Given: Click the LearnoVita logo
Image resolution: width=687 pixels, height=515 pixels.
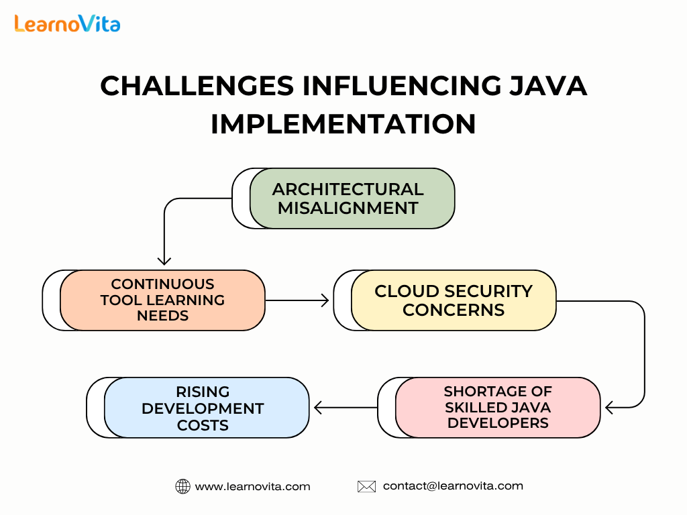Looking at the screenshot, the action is click(x=67, y=23).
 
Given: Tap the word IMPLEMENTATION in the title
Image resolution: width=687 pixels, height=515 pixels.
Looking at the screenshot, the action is click(x=343, y=124).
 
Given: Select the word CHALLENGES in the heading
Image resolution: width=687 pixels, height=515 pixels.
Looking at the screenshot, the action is click(x=197, y=86).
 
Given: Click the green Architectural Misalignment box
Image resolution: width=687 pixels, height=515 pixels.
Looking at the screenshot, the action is click(x=352, y=198).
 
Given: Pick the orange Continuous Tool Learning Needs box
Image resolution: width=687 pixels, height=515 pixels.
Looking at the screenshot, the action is click(x=162, y=300).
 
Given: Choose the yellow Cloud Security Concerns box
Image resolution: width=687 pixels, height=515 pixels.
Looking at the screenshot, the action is click(x=454, y=300).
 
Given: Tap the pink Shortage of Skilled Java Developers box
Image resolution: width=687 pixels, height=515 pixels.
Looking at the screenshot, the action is click(x=498, y=407).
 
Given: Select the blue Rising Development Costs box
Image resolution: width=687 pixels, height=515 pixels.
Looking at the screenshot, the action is click(x=207, y=408).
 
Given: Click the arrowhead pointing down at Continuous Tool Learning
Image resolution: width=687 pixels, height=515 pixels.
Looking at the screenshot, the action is click(x=164, y=262).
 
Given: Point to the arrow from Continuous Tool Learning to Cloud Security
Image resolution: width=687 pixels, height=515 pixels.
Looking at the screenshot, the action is click(x=297, y=300).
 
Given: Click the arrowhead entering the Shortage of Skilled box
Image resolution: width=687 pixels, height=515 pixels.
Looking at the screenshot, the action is click(x=609, y=408).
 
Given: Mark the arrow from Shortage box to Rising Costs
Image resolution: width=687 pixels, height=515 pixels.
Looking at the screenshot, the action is click(x=346, y=408).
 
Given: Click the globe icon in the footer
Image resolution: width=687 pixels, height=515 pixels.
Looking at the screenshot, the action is click(x=182, y=487).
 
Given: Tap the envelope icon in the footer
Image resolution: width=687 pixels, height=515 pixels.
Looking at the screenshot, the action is click(x=367, y=487).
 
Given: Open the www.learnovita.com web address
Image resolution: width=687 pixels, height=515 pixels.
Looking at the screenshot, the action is click(x=252, y=487).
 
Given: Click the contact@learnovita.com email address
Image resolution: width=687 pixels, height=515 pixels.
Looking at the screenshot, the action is click(x=453, y=486).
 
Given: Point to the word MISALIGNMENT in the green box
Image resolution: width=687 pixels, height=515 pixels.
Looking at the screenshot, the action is click(x=348, y=208).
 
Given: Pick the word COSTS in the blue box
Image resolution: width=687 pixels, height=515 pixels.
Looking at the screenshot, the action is click(x=203, y=425).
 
